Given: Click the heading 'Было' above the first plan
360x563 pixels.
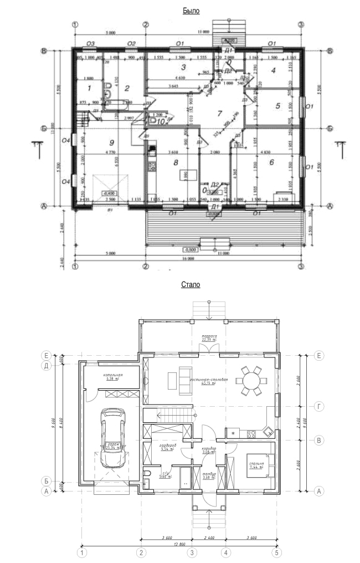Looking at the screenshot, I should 191,11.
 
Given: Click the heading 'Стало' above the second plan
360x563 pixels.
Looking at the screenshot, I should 191,285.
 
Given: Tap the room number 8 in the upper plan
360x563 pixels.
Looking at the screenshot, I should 176,162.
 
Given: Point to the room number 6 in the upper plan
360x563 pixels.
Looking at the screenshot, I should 272,162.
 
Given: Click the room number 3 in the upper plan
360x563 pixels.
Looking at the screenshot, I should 182,68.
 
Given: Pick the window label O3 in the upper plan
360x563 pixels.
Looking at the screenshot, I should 91,43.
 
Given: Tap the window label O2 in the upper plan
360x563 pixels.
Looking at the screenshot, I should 131,43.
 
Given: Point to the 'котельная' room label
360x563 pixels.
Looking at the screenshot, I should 112,376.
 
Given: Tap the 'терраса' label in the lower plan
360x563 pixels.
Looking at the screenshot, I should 208,337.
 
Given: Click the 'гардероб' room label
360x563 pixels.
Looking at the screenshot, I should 167,446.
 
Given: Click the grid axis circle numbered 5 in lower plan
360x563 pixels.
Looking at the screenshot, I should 275,552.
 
